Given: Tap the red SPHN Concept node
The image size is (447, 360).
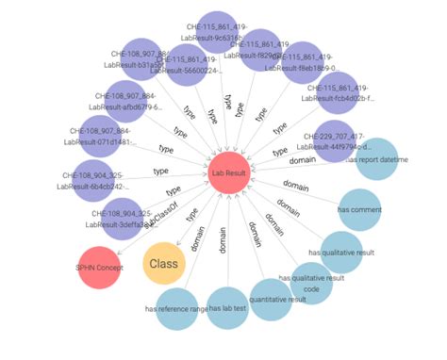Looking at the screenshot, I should [x=98, y=270].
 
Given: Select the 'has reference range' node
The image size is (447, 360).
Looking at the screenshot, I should [x=175, y=308].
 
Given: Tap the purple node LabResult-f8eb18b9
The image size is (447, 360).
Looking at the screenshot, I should [x=304, y=63].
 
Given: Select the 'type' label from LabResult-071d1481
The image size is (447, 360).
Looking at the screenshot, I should [x=166, y=149].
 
